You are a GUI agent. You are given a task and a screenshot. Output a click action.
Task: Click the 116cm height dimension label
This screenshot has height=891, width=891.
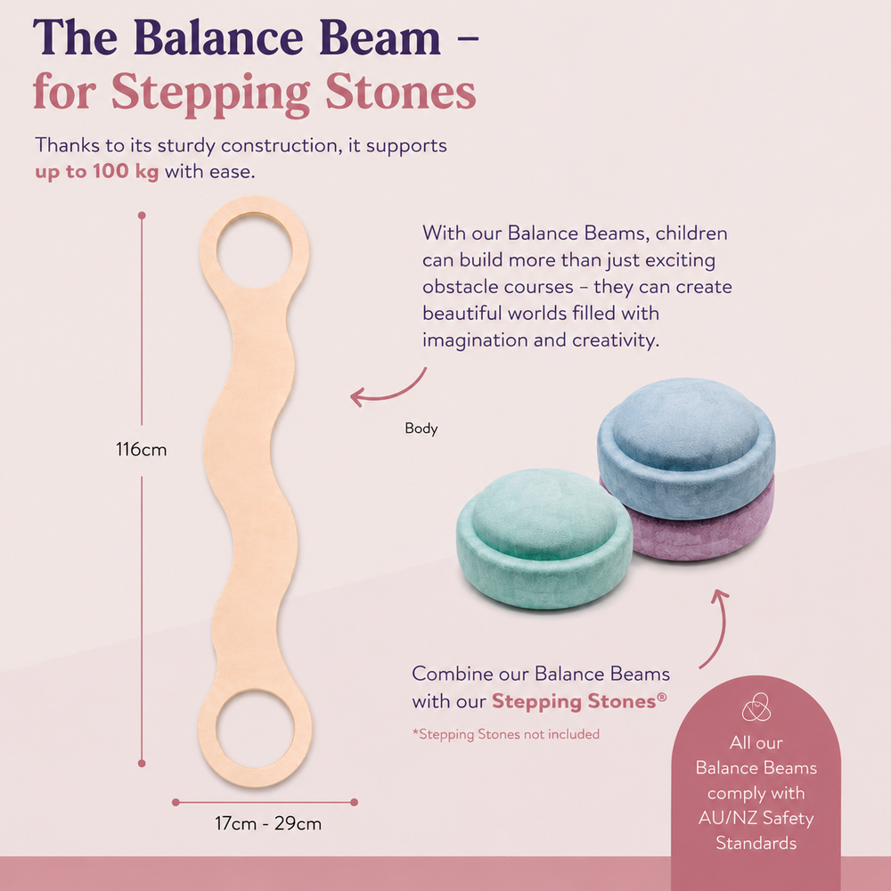click(141, 449)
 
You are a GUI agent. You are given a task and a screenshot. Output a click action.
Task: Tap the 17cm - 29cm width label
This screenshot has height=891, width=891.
click(267, 823)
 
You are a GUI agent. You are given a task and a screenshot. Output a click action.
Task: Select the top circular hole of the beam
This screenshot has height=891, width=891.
click(255, 250)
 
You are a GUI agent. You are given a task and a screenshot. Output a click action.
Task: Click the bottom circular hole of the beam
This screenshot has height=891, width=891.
click(255, 729)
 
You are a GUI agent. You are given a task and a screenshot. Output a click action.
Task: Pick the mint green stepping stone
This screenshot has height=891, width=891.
click(544, 538)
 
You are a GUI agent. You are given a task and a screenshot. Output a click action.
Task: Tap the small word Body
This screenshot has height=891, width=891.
click(421, 428)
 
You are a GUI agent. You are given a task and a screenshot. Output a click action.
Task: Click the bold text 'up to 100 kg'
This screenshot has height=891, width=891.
click(96, 172)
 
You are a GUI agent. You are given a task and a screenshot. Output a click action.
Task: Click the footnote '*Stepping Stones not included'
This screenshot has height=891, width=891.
click(506, 734)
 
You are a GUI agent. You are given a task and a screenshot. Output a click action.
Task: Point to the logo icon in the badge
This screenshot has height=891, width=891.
click(756, 707)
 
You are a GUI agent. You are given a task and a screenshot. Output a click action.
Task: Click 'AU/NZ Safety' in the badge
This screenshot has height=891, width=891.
click(756, 818)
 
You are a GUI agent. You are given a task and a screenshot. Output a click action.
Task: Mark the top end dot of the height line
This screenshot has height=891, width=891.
click(142, 216)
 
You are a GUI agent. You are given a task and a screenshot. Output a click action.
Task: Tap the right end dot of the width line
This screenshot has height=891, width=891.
click(354, 803)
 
